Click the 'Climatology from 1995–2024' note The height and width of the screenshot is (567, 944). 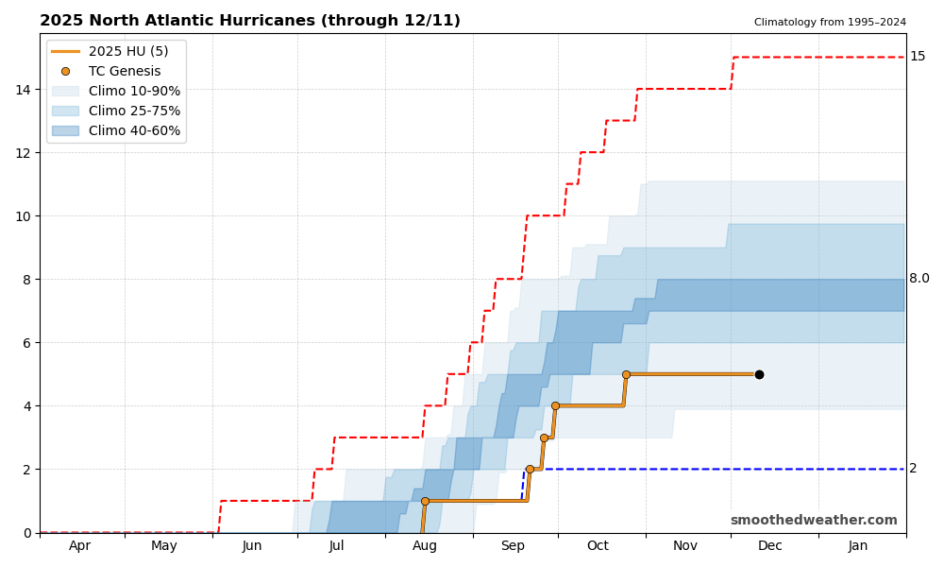click(830, 23)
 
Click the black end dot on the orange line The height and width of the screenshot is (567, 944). click(759, 374)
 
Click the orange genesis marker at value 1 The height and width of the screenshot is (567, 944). click(425, 501)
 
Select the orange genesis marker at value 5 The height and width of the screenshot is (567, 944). click(626, 374)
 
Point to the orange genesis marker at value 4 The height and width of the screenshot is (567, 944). click(555, 405)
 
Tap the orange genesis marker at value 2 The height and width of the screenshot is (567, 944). click(530, 469)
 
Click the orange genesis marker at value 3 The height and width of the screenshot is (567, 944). click(544, 438)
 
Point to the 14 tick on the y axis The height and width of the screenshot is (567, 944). click(23, 90)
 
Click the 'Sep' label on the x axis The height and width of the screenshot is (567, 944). click(513, 546)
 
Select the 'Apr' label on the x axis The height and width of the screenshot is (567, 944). click(80, 546)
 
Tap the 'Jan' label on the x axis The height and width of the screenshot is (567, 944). click(858, 546)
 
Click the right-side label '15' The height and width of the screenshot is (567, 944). click(918, 57)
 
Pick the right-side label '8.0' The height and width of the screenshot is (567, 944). click(919, 279)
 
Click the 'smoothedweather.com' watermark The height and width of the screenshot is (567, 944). click(814, 521)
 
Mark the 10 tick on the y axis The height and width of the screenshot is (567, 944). click(23, 216)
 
